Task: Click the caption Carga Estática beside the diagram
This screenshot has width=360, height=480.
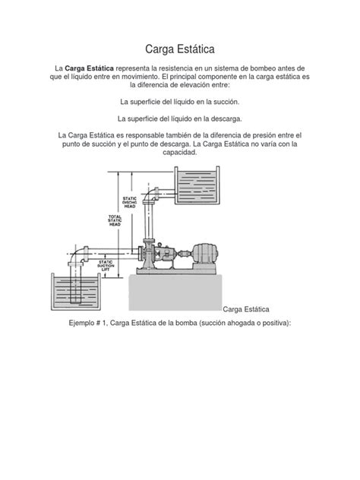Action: [x=248, y=310]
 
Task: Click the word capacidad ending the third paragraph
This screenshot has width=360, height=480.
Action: [x=179, y=153]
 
